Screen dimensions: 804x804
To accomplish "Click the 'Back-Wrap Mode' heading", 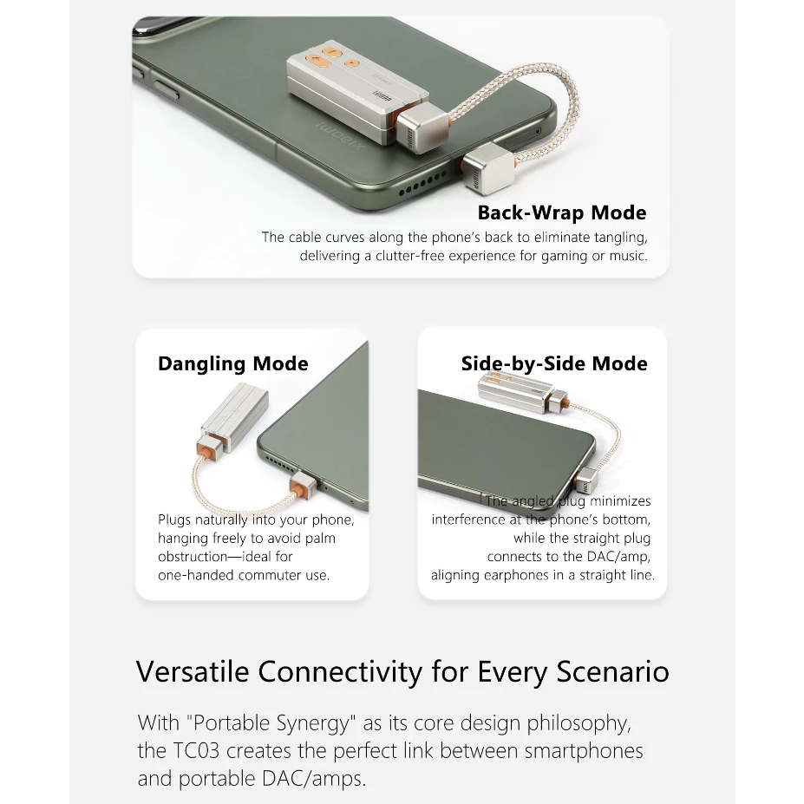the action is click(562, 212).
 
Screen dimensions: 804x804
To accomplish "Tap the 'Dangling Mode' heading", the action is click(233, 363).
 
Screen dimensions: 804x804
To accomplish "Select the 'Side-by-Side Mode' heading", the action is click(554, 363).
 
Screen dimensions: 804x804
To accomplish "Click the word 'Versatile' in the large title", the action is click(193, 671).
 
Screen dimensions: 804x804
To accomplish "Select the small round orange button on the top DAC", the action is click(351, 63).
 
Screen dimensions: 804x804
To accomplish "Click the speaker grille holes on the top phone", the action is click(423, 184).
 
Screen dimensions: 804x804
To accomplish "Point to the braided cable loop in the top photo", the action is click(536, 108).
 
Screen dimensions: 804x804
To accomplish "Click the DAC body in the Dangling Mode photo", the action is click(235, 417).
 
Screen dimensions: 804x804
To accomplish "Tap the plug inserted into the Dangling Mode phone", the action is click(303, 485).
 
